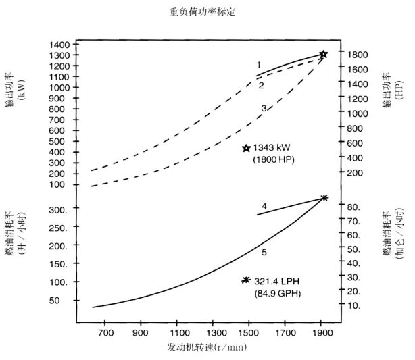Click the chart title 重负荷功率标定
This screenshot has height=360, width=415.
[207, 12]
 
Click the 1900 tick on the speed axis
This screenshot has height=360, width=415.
[322, 333]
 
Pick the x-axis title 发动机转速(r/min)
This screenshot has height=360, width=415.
[207, 347]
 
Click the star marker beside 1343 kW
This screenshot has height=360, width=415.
[247, 148]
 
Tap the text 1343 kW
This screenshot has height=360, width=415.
[274, 148]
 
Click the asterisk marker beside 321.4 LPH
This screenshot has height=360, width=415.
[246, 280]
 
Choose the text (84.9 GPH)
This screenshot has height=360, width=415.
[277, 293]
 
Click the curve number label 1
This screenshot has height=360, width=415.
[259, 65]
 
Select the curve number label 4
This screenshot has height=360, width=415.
[264, 206]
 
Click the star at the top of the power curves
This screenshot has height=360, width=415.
[324, 54]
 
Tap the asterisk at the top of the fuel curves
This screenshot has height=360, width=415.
[324, 197]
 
